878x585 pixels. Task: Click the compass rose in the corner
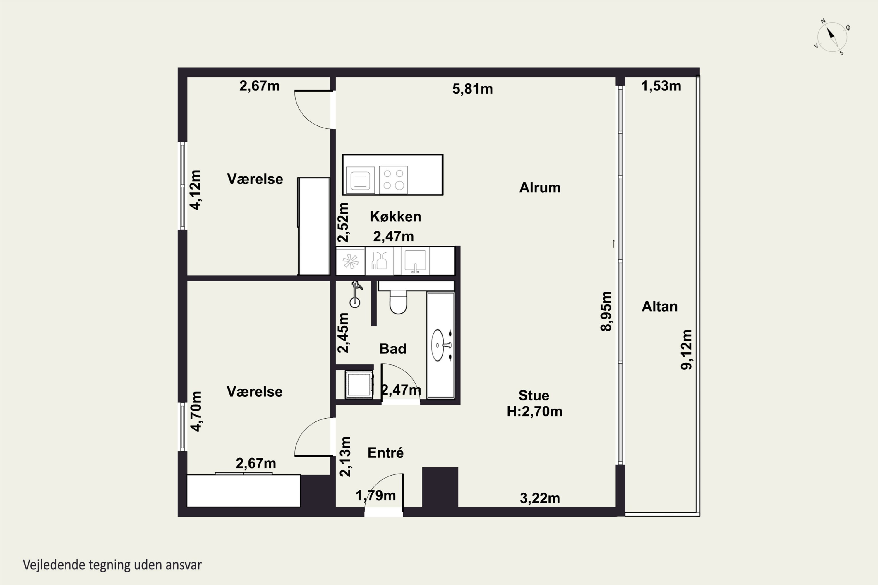pyautogui.click(x=832, y=37)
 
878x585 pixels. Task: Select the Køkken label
pyautogui.click(x=395, y=216)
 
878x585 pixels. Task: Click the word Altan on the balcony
pyautogui.click(x=660, y=306)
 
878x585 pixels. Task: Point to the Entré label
pyautogui.click(x=386, y=452)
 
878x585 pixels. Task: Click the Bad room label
pyautogui.click(x=393, y=348)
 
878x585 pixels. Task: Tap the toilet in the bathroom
pyautogui.click(x=398, y=302)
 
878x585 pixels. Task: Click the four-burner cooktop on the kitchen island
pyautogui.click(x=393, y=180)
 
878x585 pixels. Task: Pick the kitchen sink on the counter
pyautogui.click(x=415, y=261)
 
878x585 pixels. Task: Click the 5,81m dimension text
pyautogui.click(x=473, y=89)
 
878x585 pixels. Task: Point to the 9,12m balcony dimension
pyautogui.click(x=686, y=350)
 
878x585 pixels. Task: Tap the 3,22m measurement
pyautogui.click(x=540, y=498)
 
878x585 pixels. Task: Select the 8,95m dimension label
pyautogui.click(x=606, y=311)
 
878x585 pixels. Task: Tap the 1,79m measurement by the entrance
pyautogui.click(x=375, y=495)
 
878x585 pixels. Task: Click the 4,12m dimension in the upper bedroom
pyautogui.click(x=196, y=190)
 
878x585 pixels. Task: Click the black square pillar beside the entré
pyautogui.click(x=440, y=487)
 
